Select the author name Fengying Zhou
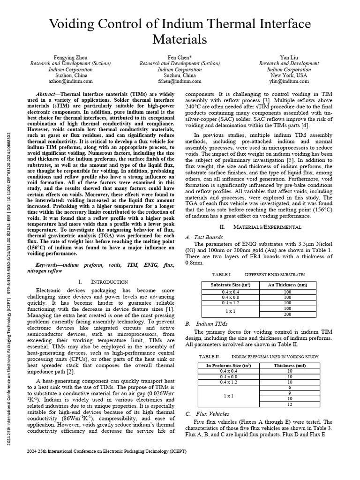tap(71, 57)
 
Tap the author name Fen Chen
tap(180, 57)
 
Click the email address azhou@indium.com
tap(71, 81)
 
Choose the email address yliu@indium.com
tap(289, 81)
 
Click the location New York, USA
tap(289, 75)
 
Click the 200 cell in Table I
tap(287, 314)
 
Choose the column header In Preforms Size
tap(228, 365)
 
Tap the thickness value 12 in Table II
tap(290, 404)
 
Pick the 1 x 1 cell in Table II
tap(228, 396)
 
